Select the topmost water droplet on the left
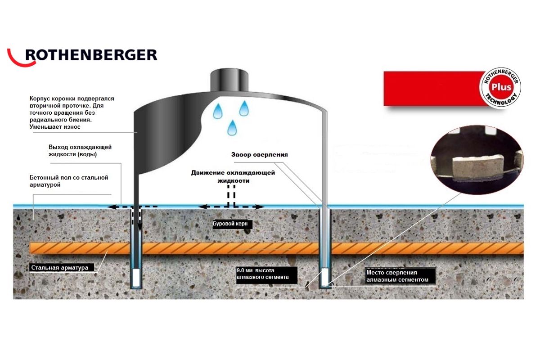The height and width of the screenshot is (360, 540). [218, 110]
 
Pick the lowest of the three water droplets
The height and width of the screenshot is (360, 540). [232, 127]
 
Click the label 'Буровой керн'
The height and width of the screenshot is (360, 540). [230, 223]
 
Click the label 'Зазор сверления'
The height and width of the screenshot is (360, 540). [259, 154]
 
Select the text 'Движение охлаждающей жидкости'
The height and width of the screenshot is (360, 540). [233, 176]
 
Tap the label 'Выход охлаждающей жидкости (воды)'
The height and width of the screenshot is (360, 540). [80, 151]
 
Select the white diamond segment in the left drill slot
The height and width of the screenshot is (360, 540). [136, 275]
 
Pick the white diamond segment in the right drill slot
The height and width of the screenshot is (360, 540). [324, 275]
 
